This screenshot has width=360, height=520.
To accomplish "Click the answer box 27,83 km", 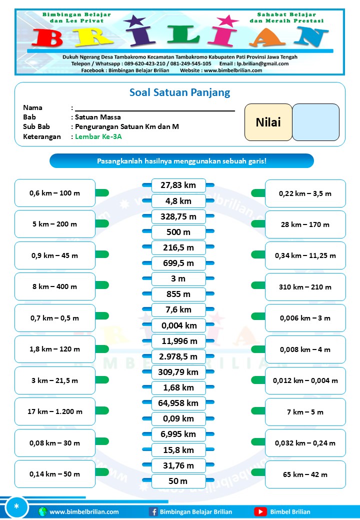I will [178, 185].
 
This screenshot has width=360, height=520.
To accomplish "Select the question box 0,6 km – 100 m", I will [55, 193].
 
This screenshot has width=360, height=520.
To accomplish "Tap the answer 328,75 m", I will [178, 216].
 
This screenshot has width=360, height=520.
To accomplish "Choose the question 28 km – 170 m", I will [305, 224].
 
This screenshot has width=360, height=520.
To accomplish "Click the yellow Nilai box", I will [268, 122].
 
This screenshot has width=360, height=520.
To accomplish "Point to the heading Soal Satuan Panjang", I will [180, 92].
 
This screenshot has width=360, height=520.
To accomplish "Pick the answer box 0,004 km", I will [178, 325].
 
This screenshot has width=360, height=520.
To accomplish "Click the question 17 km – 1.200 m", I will [55, 412].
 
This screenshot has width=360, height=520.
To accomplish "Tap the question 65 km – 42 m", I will [305, 474].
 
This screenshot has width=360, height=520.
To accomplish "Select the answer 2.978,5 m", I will [178, 356].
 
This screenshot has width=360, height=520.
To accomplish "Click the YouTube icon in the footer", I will [260, 511].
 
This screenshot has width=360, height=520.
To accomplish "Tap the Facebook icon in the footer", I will [153, 511].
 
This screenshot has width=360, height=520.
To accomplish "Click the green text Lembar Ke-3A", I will [98, 136].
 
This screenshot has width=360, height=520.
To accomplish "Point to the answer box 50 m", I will [178, 481].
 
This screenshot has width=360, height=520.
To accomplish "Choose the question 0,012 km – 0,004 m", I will [305, 380].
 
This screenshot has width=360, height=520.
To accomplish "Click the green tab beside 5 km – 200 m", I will [102, 223].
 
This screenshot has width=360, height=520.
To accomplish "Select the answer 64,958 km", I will [178, 403].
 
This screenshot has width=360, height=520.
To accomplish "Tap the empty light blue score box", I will [315, 122].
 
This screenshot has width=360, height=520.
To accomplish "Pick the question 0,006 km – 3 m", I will [305, 318].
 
